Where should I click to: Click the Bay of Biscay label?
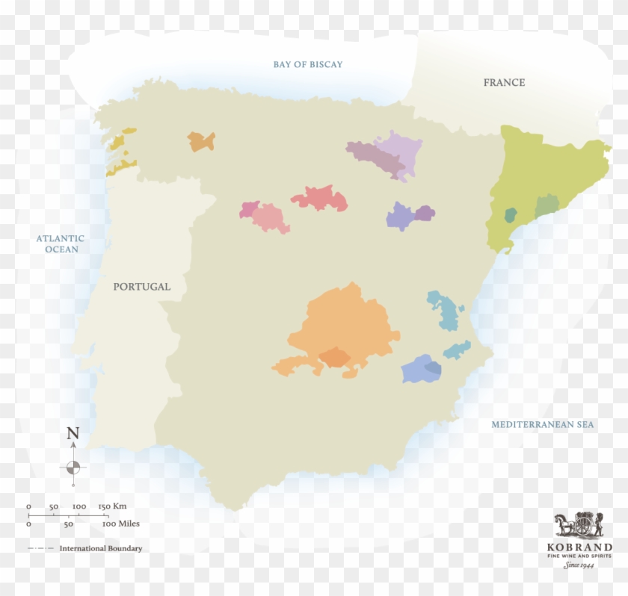(307, 64)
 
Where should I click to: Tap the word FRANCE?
(504, 82)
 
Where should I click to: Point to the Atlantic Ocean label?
(61, 243)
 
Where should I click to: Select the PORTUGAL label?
(142, 286)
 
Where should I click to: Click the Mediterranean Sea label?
(542, 425)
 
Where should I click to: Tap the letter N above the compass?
(73, 433)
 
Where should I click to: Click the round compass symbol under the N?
(73, 468)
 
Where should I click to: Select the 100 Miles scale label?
(120, 524)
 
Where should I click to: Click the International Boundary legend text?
(100, 548)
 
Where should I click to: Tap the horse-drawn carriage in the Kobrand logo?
(578, 525)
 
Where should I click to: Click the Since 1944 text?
(579, 565)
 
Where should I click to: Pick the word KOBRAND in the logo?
(579, 547)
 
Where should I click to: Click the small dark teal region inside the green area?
(511, 216)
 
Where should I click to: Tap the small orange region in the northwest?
(200, 141)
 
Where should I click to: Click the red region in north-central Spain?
(320, 199)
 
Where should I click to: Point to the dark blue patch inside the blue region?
(432, 366)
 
